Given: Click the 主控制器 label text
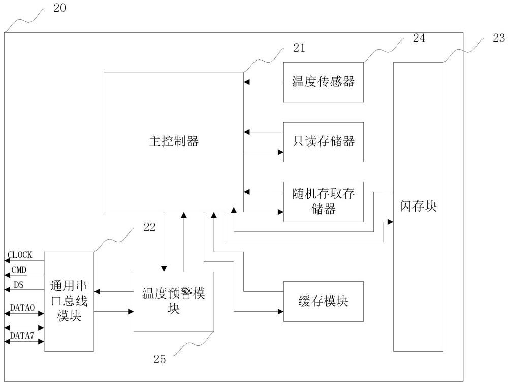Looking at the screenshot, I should point(170,142).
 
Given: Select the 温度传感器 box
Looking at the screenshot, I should point(323,82).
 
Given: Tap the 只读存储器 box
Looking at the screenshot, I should point(323,142).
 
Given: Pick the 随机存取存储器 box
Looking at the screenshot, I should point(323,201).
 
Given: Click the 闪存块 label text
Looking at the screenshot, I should point(418,207).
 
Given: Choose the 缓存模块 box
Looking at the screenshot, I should point(323,301).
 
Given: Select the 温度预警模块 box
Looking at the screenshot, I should point(174,302).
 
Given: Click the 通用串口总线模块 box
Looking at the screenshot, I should point(69,302).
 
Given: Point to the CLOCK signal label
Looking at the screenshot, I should point(20,255).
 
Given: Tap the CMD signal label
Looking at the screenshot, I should point(20,269).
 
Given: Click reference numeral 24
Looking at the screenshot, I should point(419,37).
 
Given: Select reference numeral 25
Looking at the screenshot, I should point(160,359).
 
